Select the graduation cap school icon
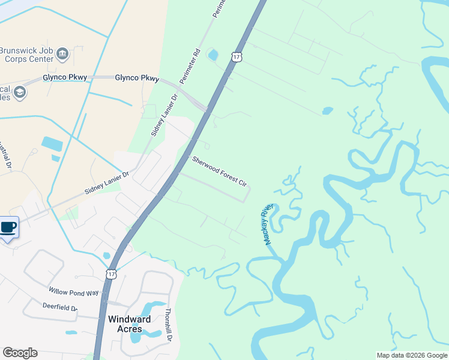20,92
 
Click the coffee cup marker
8,228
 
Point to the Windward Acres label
125,324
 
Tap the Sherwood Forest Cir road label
220,171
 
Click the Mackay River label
267,224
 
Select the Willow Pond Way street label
74,292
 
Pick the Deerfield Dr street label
60,308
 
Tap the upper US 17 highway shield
238,57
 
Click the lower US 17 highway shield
111,274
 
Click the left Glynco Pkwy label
65,77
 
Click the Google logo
20,353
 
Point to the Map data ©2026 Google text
411,355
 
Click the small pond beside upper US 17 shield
212,56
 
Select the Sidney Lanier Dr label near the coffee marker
107,183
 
